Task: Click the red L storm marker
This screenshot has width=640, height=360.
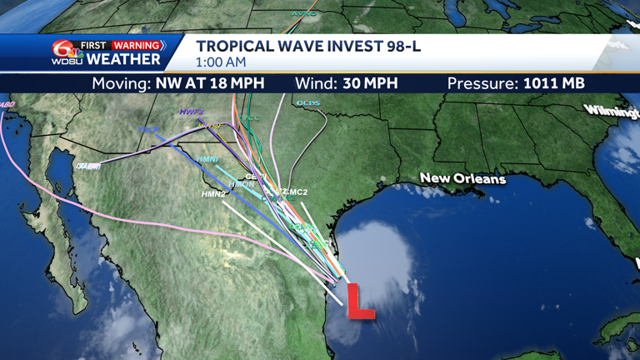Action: (359, 301)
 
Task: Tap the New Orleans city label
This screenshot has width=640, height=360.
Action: (462, 178)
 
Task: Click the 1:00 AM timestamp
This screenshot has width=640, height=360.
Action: (221, 62)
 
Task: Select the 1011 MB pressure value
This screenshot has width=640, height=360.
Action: (553, 83)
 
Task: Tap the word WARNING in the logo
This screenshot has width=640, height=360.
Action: (137, 45)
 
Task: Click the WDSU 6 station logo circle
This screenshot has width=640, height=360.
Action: (61, 52)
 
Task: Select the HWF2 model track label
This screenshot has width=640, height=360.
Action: (191, 112)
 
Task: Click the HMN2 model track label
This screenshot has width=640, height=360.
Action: (214, 194)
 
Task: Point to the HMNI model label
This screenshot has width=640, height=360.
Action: (207, 159)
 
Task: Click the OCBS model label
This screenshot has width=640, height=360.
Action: (307, 103)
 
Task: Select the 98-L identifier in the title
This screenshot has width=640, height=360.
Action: (401, 46)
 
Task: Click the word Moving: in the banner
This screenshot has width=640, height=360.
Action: (122, 83)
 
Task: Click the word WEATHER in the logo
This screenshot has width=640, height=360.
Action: (123, 60)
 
